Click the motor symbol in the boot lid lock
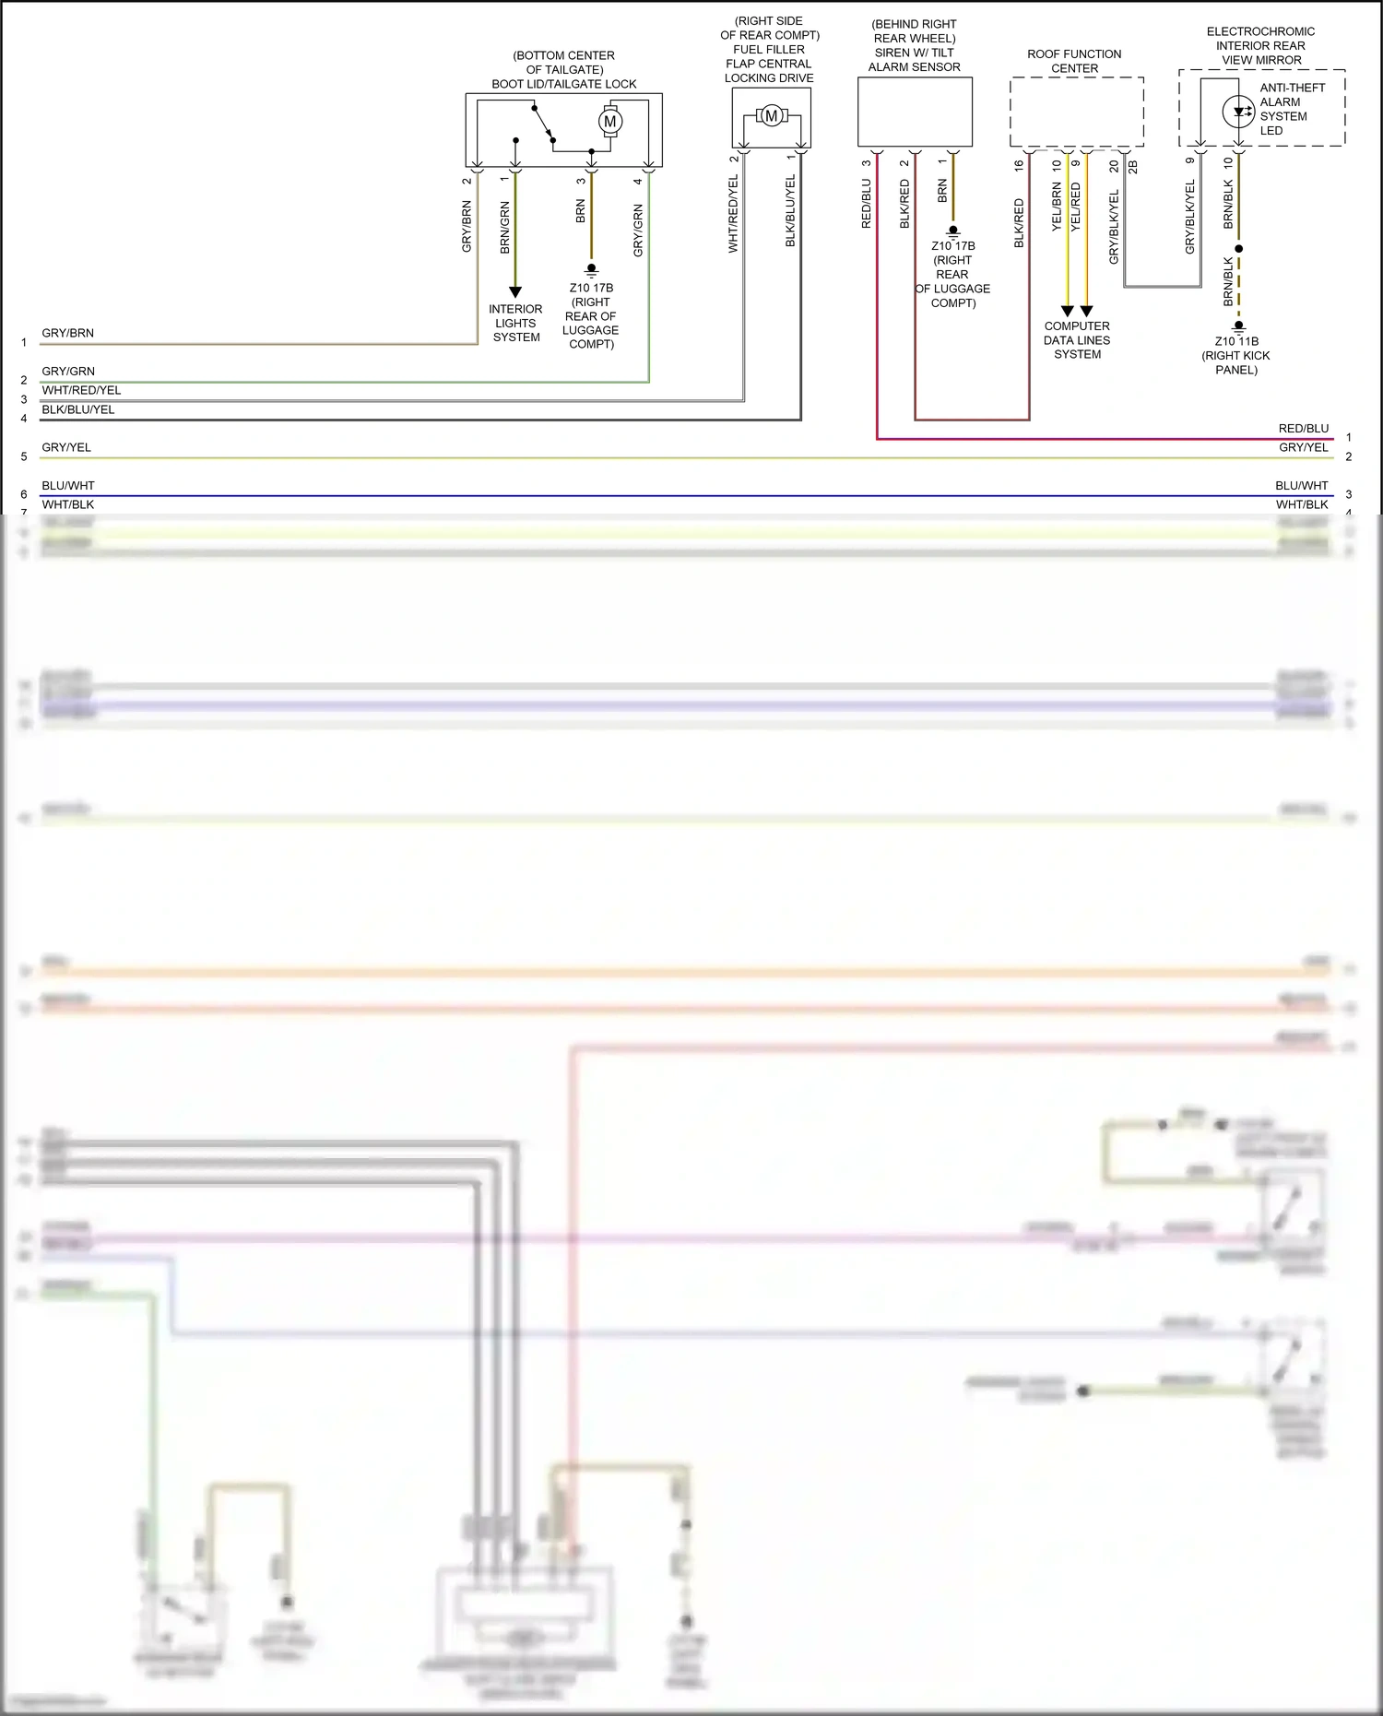tap(609, 122)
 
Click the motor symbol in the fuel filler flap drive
tap(772, 116)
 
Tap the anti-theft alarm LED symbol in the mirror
tap(1238, 112)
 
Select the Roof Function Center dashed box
tap(1077, 112)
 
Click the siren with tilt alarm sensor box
tap(915, 112)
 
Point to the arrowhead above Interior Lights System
tap(515, 292)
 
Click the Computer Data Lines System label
tap(1077, 340)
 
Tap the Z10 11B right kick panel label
tap(1235, 355)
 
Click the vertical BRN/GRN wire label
tap(504, 227)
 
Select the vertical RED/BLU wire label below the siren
tap(866, 204)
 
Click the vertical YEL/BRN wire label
tap(1057, 207)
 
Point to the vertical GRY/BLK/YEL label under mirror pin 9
tap(1189, 217)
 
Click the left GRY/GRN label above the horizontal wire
tap(68, 372)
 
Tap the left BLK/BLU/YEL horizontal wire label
tap(78, 409)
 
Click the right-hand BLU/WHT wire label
tap(1301, 485)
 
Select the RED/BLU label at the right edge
tap(1303, 429)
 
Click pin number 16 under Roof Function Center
tap(1019, 166)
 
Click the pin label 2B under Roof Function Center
tap(1133, 167)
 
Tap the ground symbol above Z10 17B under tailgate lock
tap(591, 270)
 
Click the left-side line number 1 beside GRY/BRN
tap(24, 342)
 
